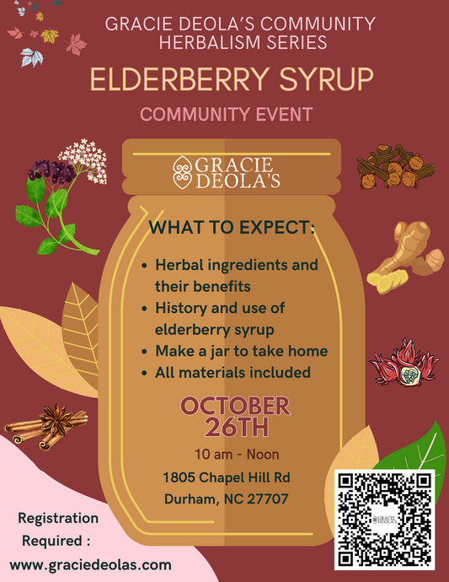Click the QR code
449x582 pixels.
click(x=385, y=519)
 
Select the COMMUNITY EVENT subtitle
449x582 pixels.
click(x=227, y=114)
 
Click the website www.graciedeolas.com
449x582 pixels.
click(x=91, y=564)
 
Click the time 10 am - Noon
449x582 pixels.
click(x=224, y=455)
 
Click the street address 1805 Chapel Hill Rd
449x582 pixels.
click(x=226, y=477)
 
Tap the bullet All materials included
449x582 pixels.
click(x=233, y=372)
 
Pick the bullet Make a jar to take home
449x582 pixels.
click(x=241, y=351)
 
